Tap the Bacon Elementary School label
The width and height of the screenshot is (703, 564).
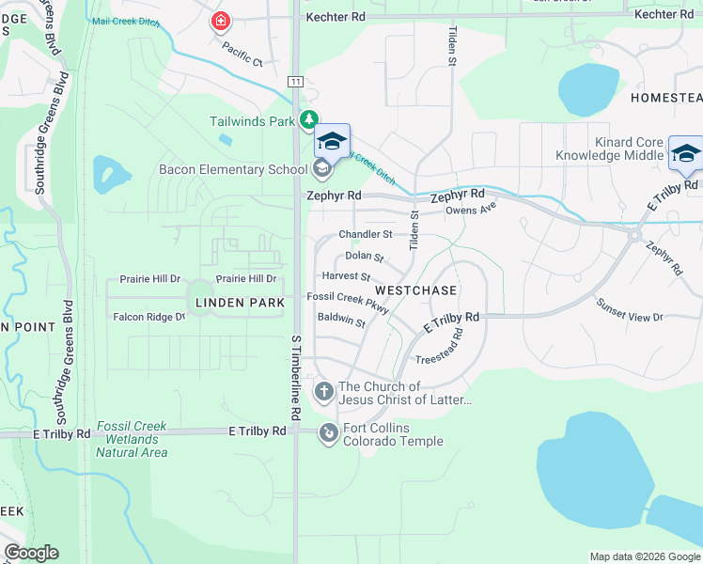(x=233, y=169)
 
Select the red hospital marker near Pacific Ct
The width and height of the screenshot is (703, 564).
(x=221, y=21)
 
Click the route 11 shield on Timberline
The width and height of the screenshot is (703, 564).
(x=296, y=83)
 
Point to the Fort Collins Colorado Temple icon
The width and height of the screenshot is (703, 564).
(x=329, y=432)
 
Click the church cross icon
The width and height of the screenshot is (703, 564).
(x=324, y=391)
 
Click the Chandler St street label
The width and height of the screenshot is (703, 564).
(x=365, y=234)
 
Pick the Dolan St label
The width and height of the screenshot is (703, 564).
(x=365, y=256)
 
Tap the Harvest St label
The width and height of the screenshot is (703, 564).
(x=346, y=276)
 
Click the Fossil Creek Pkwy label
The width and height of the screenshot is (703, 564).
(x=348, y=298)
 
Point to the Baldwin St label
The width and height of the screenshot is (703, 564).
(x=341, y=320)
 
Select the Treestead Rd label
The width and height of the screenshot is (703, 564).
(x=439, y=347)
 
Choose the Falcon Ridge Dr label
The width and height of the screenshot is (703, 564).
(x=149, y=318)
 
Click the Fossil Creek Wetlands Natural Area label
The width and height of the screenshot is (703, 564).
(x=132, y=439)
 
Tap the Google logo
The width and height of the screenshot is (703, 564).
(x=30, y=553)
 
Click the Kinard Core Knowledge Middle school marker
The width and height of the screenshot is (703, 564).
(x=685, y=153)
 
